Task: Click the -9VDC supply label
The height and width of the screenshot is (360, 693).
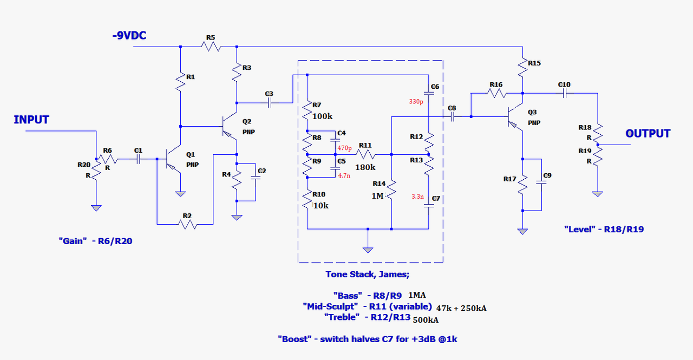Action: point(129,36)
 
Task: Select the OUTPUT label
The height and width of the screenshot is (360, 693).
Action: point(648,133)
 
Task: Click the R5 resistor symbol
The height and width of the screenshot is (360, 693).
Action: point(211,47)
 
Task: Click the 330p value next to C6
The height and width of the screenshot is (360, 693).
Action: point(417,101)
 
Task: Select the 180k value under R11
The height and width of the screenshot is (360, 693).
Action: point(365,167)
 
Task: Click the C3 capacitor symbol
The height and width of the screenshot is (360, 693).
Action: point(270,102)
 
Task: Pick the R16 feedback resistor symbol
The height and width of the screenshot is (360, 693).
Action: point(496,93)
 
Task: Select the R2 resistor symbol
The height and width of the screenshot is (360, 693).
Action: point(187,223)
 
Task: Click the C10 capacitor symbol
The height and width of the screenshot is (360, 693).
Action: point(564,93)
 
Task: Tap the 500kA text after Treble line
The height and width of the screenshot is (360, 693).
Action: point(425,320)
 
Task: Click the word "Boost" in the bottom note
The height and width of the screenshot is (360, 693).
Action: point(295,339)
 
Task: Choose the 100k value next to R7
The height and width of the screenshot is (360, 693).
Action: point(323,116)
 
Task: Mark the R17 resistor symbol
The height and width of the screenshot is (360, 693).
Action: point(523,185)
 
